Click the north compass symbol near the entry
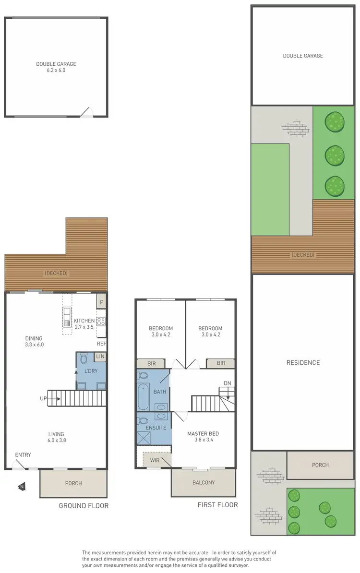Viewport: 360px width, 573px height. (21, 487)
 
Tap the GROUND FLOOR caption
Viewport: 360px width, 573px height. (84, 505)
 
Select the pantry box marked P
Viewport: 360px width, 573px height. (101, 301)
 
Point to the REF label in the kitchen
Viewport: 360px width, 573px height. (101, 344)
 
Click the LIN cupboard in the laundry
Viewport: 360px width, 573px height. (100, 356)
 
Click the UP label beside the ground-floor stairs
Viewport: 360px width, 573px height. (44, 398)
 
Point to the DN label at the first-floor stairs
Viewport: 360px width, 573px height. (228, 383)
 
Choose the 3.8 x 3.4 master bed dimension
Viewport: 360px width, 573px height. (204, 439)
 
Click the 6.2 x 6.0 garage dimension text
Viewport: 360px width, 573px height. (56, 70)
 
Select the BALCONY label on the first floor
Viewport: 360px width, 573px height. (204, 482)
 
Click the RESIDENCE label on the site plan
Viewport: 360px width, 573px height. (303, 362)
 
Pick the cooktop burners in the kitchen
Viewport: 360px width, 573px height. (101, 322)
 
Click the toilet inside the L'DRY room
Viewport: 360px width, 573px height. (83, 358)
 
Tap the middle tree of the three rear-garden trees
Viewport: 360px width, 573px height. (334, 155)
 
